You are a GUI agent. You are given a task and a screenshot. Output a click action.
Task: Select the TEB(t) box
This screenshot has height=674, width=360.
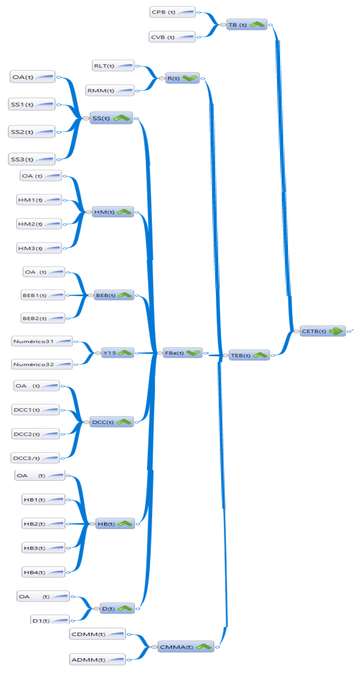pyautogui.click(x=249, y=355)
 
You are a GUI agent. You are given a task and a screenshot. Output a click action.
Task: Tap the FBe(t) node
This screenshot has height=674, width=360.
pyautogui.click(x=182, y=353)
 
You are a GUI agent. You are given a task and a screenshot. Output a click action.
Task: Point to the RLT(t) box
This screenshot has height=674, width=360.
pyautogui.click(x=113, y=66)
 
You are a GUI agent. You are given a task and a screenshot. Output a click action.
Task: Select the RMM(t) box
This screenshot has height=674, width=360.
pyautogui.click(x=110, y=91)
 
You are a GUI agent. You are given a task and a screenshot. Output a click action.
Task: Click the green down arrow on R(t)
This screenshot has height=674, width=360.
pyautogui.click(x=189, y=78)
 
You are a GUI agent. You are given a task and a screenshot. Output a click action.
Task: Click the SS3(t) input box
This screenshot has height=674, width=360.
pyautogui.click(x=31, y=159)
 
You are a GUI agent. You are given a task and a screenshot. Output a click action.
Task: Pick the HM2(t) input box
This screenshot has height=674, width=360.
pyautogui.click(x=39, y=224)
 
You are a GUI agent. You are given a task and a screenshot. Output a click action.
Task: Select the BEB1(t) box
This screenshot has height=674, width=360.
pyautogui.click(x=43, y=295)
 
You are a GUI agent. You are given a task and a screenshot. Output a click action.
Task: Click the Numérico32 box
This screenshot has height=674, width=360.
pyautogui.click(x=42, y=364)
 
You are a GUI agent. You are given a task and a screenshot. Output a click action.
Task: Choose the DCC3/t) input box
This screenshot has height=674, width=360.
pyautogui.click(x=35, y=458)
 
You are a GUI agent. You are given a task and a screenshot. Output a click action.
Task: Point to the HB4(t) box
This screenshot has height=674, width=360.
pyautogui.click(x=43, y=572)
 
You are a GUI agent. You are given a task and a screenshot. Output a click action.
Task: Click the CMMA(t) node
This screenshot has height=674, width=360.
pyautogui.click(x=185, y=647)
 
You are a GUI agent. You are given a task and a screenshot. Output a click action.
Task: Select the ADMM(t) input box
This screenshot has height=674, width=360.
pyautogui.click(x=97, y=660)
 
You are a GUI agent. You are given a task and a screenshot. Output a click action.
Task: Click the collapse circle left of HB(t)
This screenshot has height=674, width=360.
pyautogui.click(x=92, y=524)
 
